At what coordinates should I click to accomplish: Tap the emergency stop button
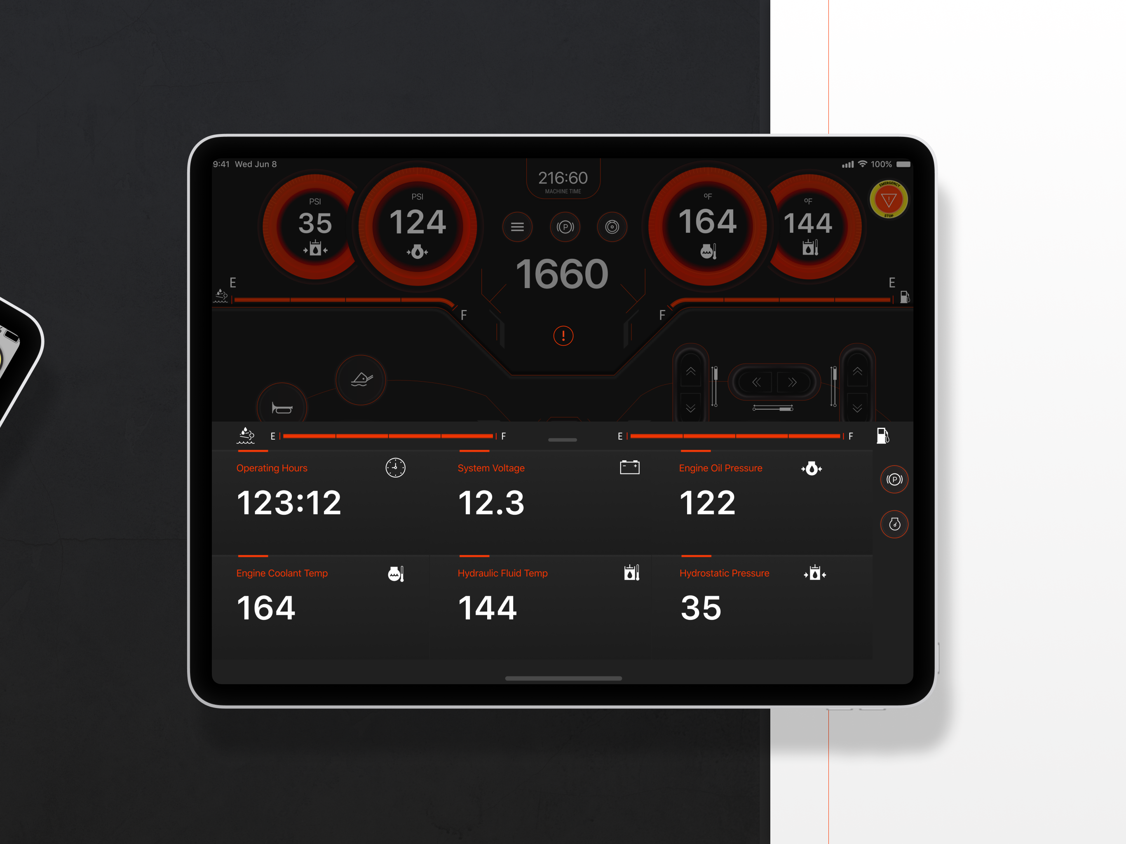pos(889,199)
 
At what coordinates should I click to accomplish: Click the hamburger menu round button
pos(517,227)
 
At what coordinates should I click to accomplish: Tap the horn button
pos(282,407)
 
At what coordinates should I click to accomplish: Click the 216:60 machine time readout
pos(563,178)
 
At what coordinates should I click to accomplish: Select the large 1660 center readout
pos(562,274)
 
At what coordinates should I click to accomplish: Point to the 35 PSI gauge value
pos(315,223)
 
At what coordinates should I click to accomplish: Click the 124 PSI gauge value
pos(418,222)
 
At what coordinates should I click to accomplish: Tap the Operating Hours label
pos(272,468)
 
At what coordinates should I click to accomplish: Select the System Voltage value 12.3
pos(491,503)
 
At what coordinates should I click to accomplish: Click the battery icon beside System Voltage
pos(630,467)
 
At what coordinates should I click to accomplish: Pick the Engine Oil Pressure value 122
pos(707,503)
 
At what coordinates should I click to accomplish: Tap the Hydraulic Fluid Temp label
pos(502,573)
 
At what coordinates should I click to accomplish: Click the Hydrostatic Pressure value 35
pos(701,608)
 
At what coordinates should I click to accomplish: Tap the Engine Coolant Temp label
pos(282,573)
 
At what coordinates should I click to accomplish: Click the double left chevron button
pos(756,382)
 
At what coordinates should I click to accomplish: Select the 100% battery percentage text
pos(881,164)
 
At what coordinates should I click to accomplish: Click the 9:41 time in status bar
pos(221,164)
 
